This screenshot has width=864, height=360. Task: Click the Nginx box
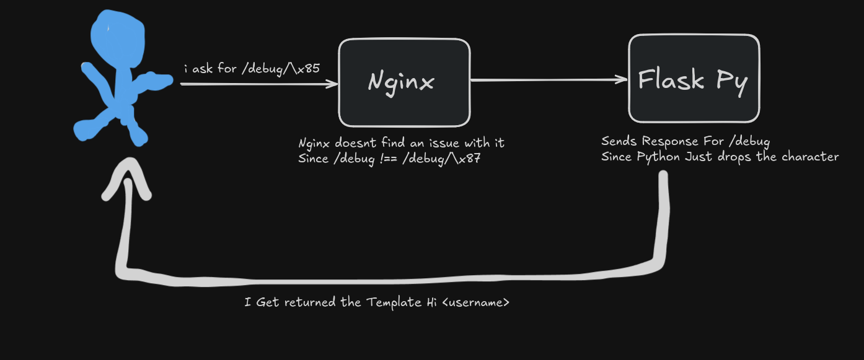(404, 82)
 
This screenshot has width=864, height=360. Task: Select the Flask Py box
(694, 79)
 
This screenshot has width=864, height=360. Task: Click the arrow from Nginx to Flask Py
(549, 80)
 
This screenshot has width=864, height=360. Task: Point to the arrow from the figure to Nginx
(259, 84)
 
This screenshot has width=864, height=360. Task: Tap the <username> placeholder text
(476, 302)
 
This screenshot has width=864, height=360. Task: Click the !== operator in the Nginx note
(388, 159)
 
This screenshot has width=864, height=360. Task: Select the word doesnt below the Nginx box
(355, 143)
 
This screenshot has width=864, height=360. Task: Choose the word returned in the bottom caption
(310, 302)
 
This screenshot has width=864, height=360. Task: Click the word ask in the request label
(202, 69)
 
